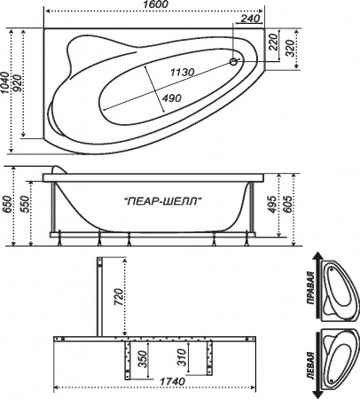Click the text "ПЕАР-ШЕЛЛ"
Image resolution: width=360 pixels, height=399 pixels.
click(160, 201)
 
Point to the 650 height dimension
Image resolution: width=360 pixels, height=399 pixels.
click(8, 206)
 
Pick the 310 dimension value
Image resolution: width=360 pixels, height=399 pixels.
click(183, 359)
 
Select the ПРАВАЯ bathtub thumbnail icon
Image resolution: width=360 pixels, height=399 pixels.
click(336, 286)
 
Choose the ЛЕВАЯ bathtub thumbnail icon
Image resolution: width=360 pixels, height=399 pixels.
click(336, 348)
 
